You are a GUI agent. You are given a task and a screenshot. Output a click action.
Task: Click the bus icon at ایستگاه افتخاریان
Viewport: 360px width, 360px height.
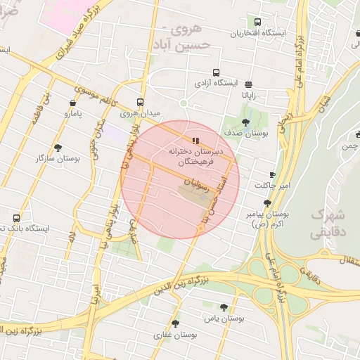point(257,22)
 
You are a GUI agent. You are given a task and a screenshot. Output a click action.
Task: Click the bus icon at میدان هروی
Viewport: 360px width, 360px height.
point(141,101)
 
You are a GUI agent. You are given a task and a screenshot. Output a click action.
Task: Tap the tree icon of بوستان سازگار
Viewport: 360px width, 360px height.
point(57,148)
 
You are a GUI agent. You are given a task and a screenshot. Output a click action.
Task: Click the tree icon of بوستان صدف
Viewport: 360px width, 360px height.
point(245,122)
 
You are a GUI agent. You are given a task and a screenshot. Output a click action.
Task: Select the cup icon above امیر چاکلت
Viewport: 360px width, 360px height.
point(272,174)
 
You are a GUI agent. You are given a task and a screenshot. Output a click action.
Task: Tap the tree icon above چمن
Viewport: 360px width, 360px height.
point(358,134)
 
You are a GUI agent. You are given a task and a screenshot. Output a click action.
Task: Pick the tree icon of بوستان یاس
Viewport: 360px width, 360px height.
point(224,307)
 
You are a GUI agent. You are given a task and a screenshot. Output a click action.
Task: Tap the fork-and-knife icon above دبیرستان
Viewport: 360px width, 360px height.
point(195,140)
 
